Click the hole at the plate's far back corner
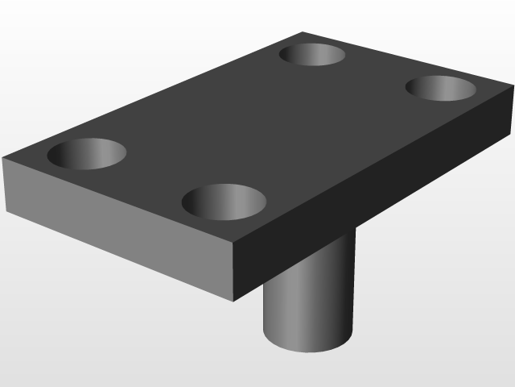click(x=312, y=55)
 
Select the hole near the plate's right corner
click(x=439, y=87)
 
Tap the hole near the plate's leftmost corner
click(x=88, y=153)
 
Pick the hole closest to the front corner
click(x=224, y=201)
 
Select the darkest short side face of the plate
click(x=370, y=202)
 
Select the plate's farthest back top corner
click(x=303, y=32)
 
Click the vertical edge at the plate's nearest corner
click(x=233, y=273)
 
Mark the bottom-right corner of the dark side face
click(x=512, y=129)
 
